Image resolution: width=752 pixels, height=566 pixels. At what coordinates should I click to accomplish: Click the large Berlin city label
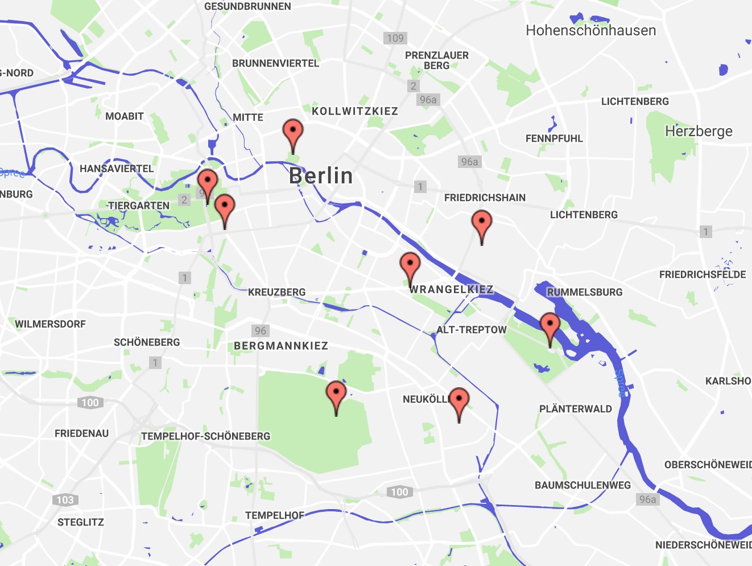[x=321, y=176]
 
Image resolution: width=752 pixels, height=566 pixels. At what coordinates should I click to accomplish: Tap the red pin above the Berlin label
[x=293, y=133]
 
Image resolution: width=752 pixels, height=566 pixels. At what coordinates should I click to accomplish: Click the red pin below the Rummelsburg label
[x=549, y=326]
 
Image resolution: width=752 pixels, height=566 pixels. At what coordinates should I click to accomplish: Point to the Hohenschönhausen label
[x=590, y=31]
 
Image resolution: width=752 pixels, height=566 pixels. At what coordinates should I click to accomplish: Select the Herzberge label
[x=699, y=132]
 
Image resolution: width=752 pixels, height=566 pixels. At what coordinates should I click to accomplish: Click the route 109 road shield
[x=395, y=38]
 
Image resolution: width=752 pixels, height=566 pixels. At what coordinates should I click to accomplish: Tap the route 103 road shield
[x=65, y=500]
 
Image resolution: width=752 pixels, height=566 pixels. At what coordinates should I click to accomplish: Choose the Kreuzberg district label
[x=277, y=292]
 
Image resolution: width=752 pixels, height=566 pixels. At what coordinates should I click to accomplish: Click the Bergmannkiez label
[x=281, y=346]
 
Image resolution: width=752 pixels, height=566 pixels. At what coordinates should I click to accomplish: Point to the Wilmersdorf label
[x=51, y=324]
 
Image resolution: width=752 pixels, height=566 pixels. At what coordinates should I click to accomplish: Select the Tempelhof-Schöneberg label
[x=206, y=436]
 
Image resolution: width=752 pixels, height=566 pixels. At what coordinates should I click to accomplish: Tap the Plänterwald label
[x=576, y=409]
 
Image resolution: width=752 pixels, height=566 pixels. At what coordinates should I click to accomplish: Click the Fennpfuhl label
[x=554, y=138]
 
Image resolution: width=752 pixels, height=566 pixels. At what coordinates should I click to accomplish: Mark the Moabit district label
[x=125, y=116]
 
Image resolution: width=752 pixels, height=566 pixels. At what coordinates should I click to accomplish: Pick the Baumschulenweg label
[x=582, y=485]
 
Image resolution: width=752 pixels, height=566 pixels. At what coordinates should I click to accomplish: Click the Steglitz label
[x=81, y=522]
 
